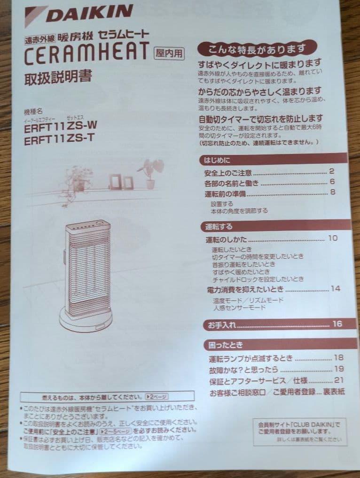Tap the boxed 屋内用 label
[x=168, y=53]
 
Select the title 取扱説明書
[x=58, y=77]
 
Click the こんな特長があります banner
[x=257, y=48]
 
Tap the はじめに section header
[x=217, y=160]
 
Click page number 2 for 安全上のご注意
[x=331, y=171]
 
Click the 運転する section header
[x=219, y=226]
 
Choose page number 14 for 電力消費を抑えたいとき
[x=335, y=288]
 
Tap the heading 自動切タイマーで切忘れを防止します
[x=260, y=118]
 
